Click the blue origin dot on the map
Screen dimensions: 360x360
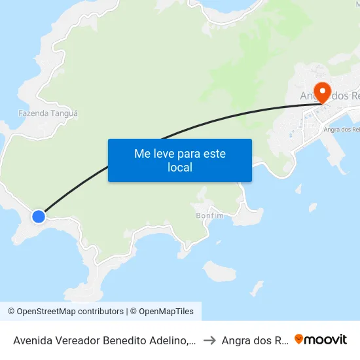(39, 216)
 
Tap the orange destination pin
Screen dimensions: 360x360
(322, 91)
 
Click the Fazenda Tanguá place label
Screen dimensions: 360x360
(48, 113)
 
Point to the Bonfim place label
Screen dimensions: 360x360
(209, 215)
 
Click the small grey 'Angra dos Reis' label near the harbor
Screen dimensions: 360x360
(341, 130)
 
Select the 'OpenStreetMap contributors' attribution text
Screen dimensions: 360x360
(70, 312)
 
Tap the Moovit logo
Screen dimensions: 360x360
(321, 339)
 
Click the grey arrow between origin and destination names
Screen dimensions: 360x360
(209, 340)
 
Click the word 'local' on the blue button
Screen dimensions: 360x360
(179, 168)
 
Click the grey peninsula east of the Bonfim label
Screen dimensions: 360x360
(249, 213)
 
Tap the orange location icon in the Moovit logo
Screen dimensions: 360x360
(299, 339)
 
